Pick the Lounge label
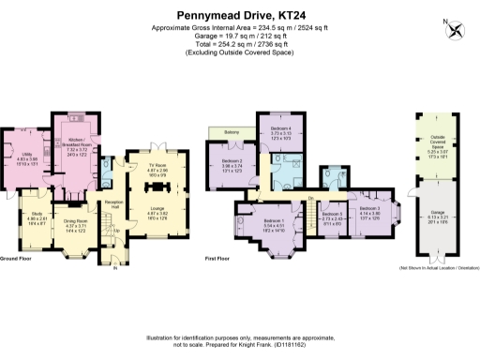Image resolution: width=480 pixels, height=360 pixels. coord(157,210)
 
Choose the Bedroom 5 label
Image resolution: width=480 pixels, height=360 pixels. coord(332,216)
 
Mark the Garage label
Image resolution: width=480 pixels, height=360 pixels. coord(437,212)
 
